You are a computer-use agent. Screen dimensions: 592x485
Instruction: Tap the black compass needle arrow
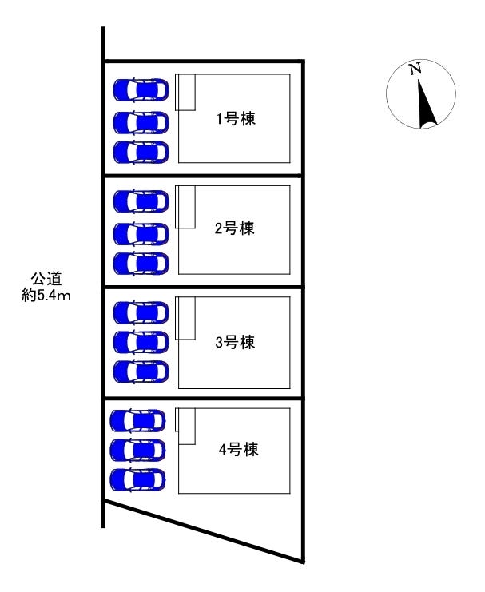424,104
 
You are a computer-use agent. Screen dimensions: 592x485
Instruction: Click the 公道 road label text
46,279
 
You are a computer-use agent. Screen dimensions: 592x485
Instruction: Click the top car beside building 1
141,89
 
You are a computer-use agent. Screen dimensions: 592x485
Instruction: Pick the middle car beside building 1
141,122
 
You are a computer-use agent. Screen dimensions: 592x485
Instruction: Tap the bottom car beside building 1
141,151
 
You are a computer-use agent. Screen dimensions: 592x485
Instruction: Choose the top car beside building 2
141,200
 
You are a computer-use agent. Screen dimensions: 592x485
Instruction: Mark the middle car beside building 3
141,342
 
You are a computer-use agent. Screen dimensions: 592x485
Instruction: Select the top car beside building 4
137,419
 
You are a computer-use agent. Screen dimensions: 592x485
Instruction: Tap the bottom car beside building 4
137,479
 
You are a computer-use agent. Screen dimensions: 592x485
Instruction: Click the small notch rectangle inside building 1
185,92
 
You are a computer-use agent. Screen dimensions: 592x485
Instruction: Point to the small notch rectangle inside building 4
185,426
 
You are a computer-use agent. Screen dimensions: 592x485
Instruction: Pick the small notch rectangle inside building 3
185,318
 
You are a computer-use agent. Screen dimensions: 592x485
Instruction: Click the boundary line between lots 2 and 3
204,287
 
